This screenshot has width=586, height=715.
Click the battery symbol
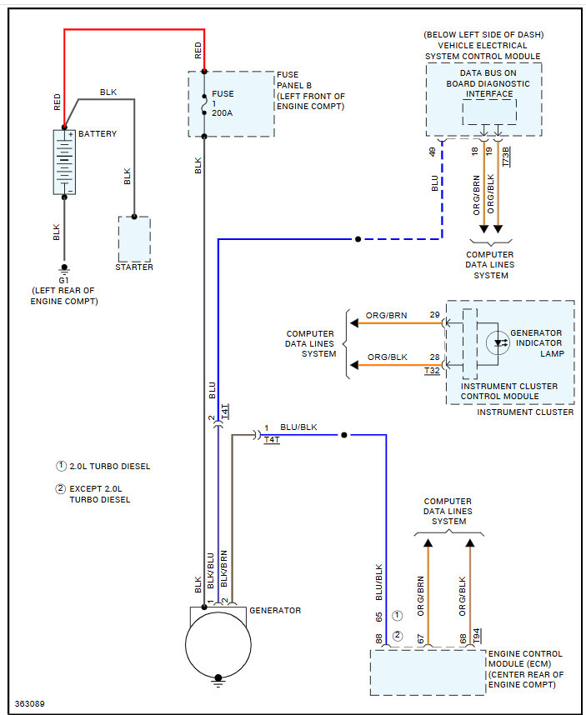[x=64, y=162]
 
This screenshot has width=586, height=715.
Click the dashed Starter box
[x=134, y=239]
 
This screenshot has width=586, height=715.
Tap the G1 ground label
[x=64, y=281]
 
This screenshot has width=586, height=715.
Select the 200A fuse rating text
[x=222, y=112]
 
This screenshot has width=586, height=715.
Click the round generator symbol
[x=218, y=645]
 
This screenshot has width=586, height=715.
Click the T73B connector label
[x=506, y=157]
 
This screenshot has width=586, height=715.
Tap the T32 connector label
[x=432, y=370]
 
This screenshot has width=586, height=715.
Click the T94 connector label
[x=477, y=636]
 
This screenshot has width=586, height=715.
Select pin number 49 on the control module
[x=433, y=152]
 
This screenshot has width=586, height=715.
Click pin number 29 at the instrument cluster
[x=434, y=315]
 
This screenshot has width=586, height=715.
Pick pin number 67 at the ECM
[x=420, y=639]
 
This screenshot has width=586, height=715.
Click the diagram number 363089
[x=30, y=703]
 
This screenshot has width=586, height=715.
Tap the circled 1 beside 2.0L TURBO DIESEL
[x=61, y=466]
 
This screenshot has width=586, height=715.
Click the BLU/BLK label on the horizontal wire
[x=298, y=427]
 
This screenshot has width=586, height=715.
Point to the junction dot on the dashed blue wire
[x=358, y=239]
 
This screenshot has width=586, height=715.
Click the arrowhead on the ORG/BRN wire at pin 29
[x=354, y=323]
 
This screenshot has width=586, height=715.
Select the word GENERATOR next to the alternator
[x=275, y=610]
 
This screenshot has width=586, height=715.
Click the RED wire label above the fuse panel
[x=198, y=51]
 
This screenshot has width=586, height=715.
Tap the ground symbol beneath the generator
[x=218, y=682]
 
